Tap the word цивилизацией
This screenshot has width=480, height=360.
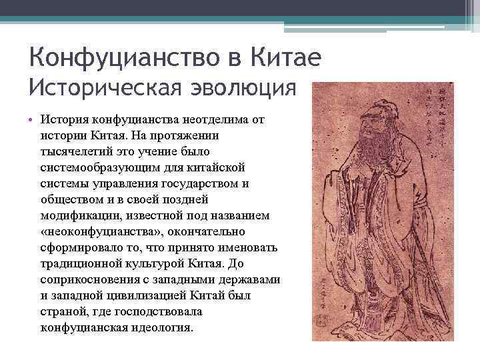point(139,295)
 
